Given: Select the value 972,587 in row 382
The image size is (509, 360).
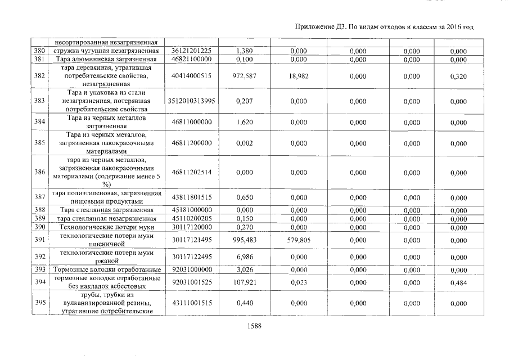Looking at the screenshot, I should (x=245, y=76).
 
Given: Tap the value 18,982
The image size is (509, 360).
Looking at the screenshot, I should (x=299, y=76).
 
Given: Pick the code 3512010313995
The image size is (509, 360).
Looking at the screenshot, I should (x=191, y=102).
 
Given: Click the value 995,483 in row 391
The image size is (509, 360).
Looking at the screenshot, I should (x=245, y=240).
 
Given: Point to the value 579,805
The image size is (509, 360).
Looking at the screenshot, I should (x=299, y=240).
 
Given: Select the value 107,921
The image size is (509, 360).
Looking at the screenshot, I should (x=245, y=282).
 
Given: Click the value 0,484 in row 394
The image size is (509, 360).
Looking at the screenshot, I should (x=458, y=282).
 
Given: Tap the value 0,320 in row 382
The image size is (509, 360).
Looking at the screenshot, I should (x=458, y=76).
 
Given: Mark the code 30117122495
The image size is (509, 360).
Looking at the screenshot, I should (x=191, y=257).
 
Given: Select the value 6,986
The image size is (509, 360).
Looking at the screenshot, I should (x=245, y=257).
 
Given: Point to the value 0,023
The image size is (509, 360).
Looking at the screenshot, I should (x=299, y=282).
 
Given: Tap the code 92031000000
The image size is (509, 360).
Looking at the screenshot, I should (x=191, y=270).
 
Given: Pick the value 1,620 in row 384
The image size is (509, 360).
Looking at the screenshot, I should (x=245, y=122).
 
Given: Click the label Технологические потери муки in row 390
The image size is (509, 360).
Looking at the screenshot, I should (x=106, y=227).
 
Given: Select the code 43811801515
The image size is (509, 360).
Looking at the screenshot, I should (x=191, y=197).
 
